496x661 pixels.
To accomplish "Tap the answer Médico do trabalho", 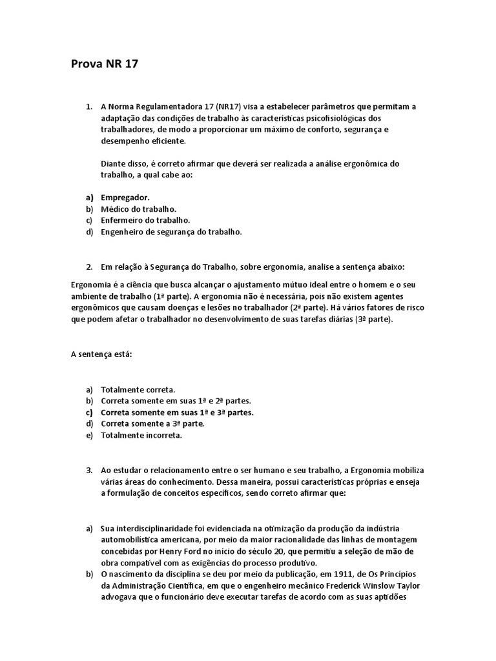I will pos(138,209).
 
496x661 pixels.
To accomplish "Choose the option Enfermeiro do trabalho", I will pos(145,220).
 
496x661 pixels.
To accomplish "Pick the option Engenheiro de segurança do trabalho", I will pos(171,232).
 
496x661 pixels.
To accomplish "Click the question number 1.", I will pos(89,106).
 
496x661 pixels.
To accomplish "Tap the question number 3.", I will pos(89,470).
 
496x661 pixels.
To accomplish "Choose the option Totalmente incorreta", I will pos(141,435).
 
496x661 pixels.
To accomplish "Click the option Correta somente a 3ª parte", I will pos(152,423).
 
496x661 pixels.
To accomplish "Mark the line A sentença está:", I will pos(100,354).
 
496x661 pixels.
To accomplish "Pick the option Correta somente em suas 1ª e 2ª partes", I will pos(176,401).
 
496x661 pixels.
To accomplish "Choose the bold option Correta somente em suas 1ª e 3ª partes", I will pos(177,412).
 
